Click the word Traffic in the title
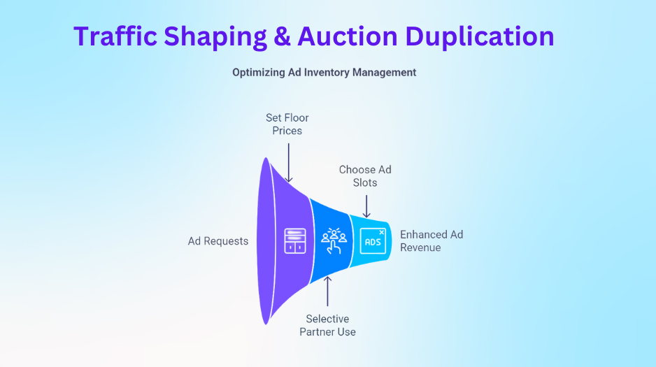[115, 36]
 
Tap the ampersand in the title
[283, 36]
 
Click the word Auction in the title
[348, 36]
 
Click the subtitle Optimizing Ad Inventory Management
[325, 72]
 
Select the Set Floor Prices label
[287, 124]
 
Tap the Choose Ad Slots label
[365, 176]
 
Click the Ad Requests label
[218, 241]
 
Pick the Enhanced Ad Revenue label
[432, 240]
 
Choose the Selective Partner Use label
[327, 325]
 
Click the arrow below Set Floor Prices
[289, 163]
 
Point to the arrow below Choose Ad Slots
[366, 206]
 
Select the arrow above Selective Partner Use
[328, 292]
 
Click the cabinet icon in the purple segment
[295, 241]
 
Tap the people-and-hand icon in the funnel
[334, 241]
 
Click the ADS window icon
[373, 241]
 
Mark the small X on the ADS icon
[382, 232]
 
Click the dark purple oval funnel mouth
[266, 240]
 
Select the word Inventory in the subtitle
[327, 72]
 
